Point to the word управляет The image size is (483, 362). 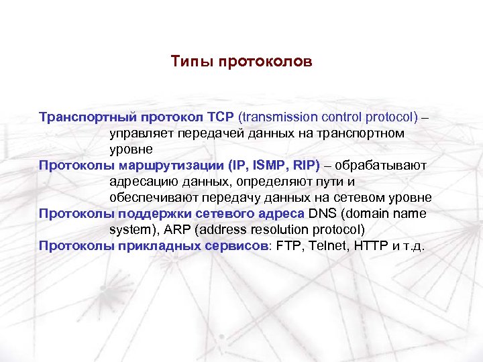[x=141, y=133]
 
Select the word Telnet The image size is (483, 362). [x=328, y=246]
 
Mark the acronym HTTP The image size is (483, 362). [x=374, y=246]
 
